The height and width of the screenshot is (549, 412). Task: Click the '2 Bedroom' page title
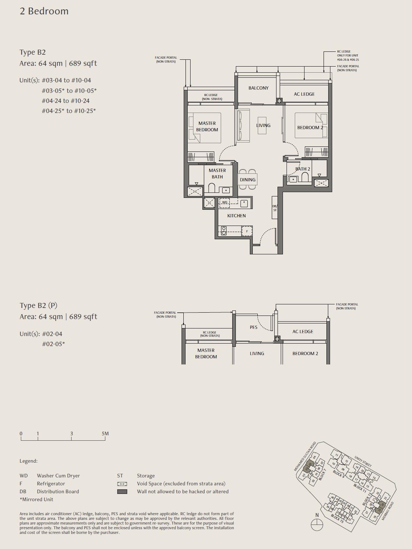pyautogui.click(x=44, y=11)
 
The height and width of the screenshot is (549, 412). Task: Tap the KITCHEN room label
pyautogui.click(x=237, y=215)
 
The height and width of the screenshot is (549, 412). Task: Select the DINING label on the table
pyautogui.click(x=248, y=180)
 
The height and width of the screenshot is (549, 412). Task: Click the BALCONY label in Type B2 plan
pyautogui.click(x=258, y=88)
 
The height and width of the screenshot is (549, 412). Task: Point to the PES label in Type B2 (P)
pyautogui.click(x=253, y=327)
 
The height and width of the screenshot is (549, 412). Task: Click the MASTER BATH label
pyautogui.click(x=217, y=173)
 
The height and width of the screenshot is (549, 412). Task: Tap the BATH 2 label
pyautogui.click(x=303, y=169)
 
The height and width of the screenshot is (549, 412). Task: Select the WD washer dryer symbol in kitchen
pyautogui.click(x=225, y=202)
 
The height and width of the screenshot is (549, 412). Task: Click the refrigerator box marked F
pyautogui.click(x=247, y=231)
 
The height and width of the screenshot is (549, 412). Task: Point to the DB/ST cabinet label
pyautogui.click(x=275, y=208)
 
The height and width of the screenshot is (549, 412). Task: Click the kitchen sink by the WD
pyautogui.click(x=244, y=203)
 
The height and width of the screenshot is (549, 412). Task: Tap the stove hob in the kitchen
pyautogui.click(x=224, y=231)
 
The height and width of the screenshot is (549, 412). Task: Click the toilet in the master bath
pyautogui.click(x=211, y=188)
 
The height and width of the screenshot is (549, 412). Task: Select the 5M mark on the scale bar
pyautogui.click(x=105, y=434)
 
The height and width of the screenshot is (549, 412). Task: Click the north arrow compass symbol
pyautogui.click(x=317, y=525)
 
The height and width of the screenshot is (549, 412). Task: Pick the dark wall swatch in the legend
pyautogui.click(x=122, y=491)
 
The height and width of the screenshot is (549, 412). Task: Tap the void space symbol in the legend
pyautogui.click(x=122, y=484)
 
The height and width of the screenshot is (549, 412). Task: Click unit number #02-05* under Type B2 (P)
pyautogui.click(x=54, y=344)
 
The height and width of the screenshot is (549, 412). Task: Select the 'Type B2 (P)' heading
pyautogui.click(x=38, y=305)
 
